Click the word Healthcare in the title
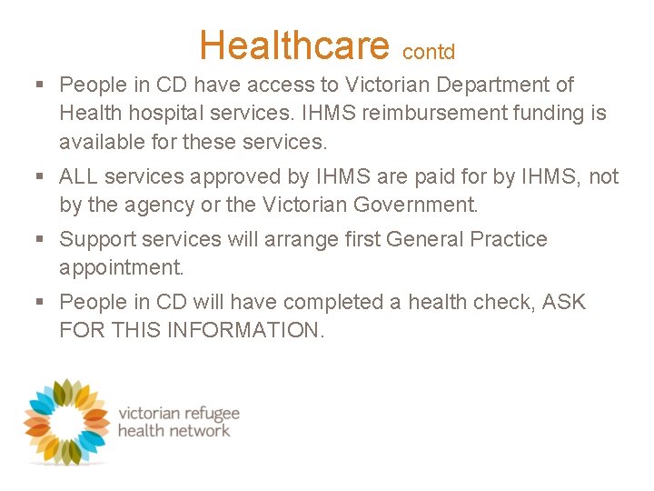pos(294,45)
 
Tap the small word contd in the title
pos(429,52)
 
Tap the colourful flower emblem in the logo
pos(66,420)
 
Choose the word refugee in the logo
pos(206,412)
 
